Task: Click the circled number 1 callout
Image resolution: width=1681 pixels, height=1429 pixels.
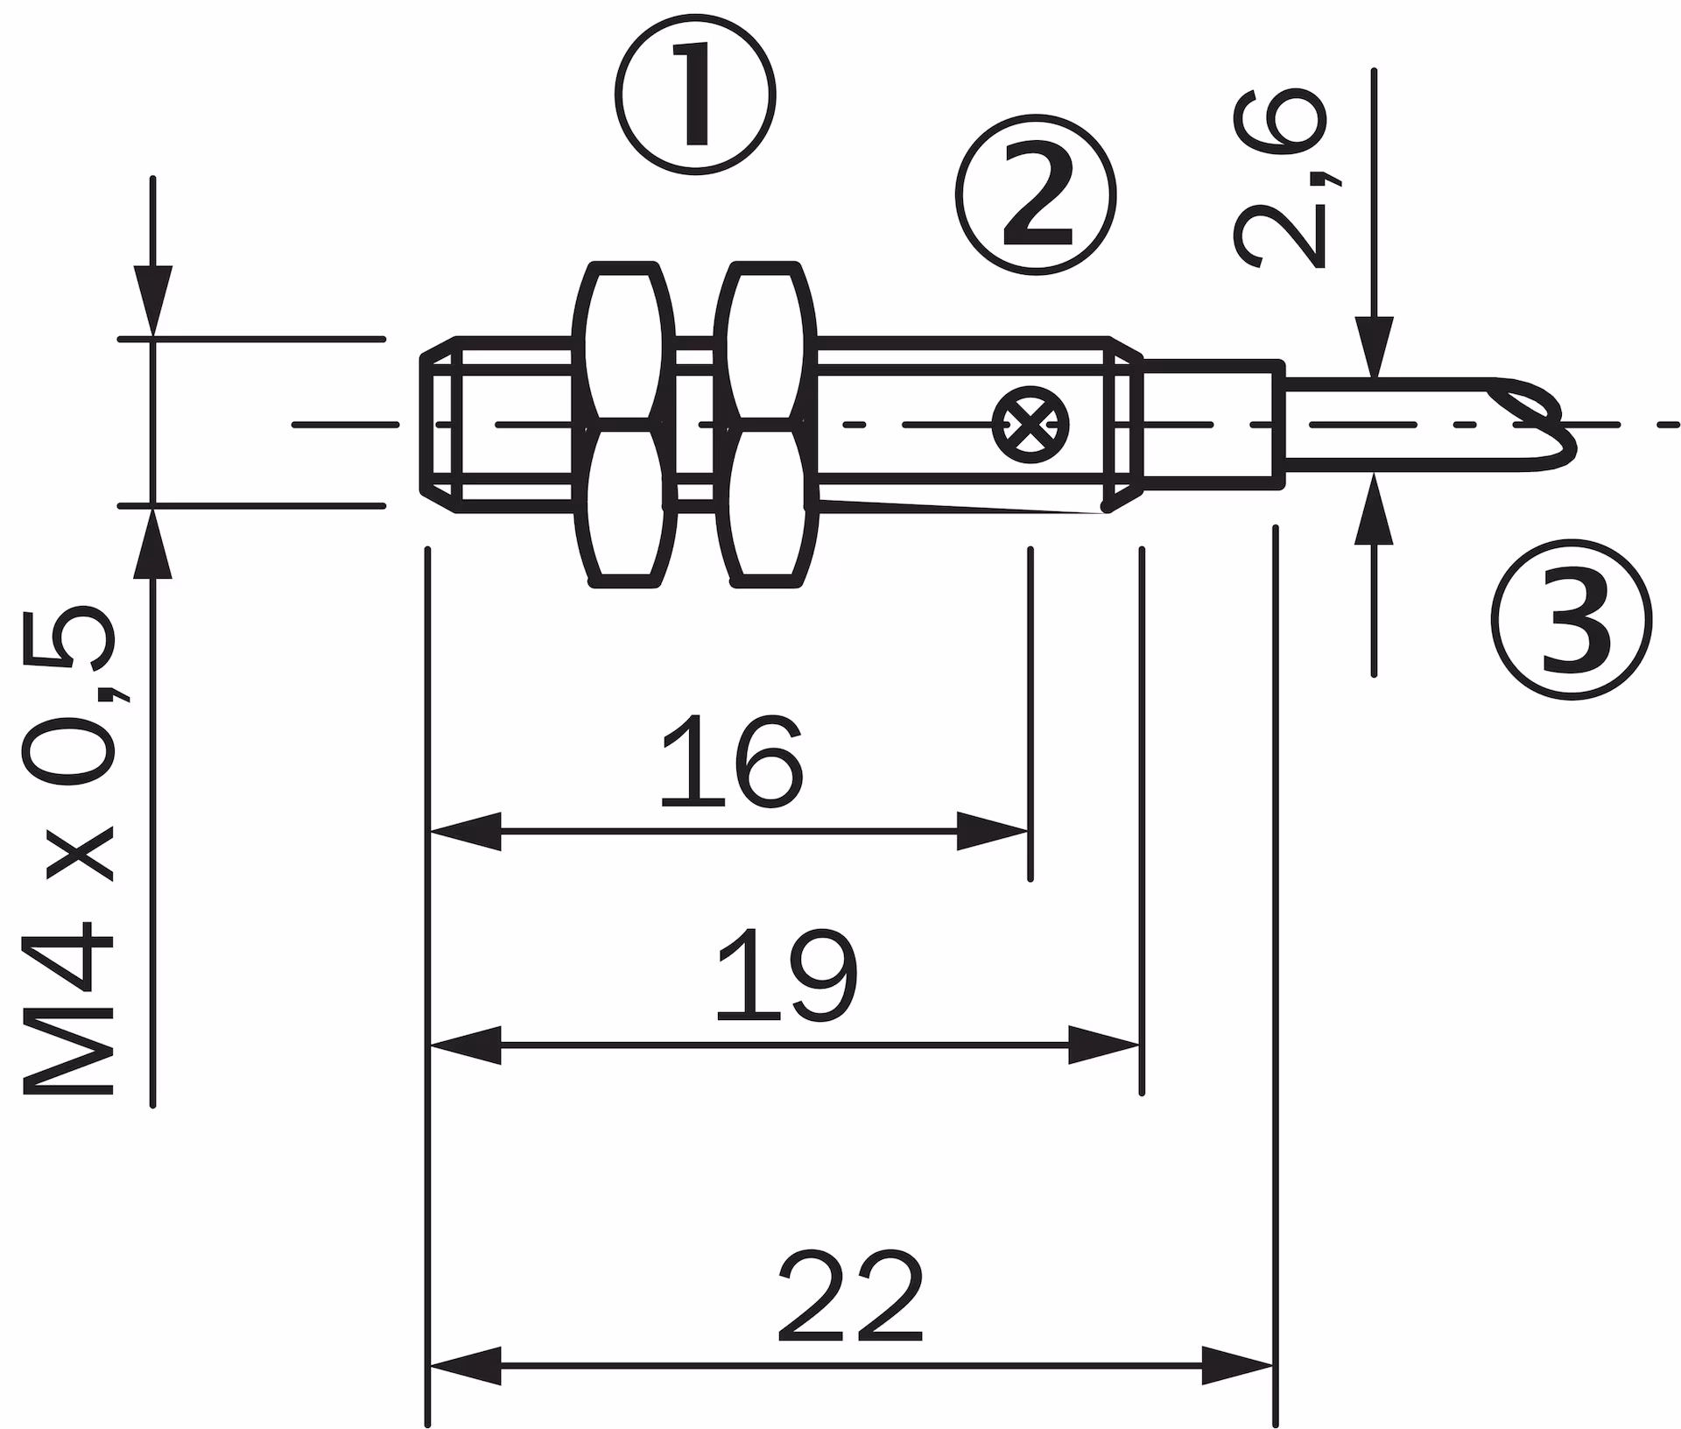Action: [696, 95]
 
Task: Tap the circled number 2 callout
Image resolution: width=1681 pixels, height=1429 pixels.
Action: [1037, 194]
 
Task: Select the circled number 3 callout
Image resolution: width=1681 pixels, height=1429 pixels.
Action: [1572, 619]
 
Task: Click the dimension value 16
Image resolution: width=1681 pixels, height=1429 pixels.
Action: [731, 763]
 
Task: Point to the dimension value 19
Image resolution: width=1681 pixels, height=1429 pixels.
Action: [786, 975]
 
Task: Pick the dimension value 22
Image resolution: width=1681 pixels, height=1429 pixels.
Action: [850, 1297]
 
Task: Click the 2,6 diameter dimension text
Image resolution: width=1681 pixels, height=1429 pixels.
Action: [1281, 178]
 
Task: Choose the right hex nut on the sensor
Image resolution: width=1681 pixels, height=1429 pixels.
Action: [766, 424]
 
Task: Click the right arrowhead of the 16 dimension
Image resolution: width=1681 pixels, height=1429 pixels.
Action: [992, 831]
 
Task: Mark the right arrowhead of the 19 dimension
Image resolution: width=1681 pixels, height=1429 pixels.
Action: [1104, 1045]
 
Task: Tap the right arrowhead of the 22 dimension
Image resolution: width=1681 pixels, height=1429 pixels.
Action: [1238, 1365]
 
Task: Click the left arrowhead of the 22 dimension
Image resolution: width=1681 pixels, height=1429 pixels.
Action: [465, 1365]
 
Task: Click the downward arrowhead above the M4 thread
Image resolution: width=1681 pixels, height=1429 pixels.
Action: [153, 300]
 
